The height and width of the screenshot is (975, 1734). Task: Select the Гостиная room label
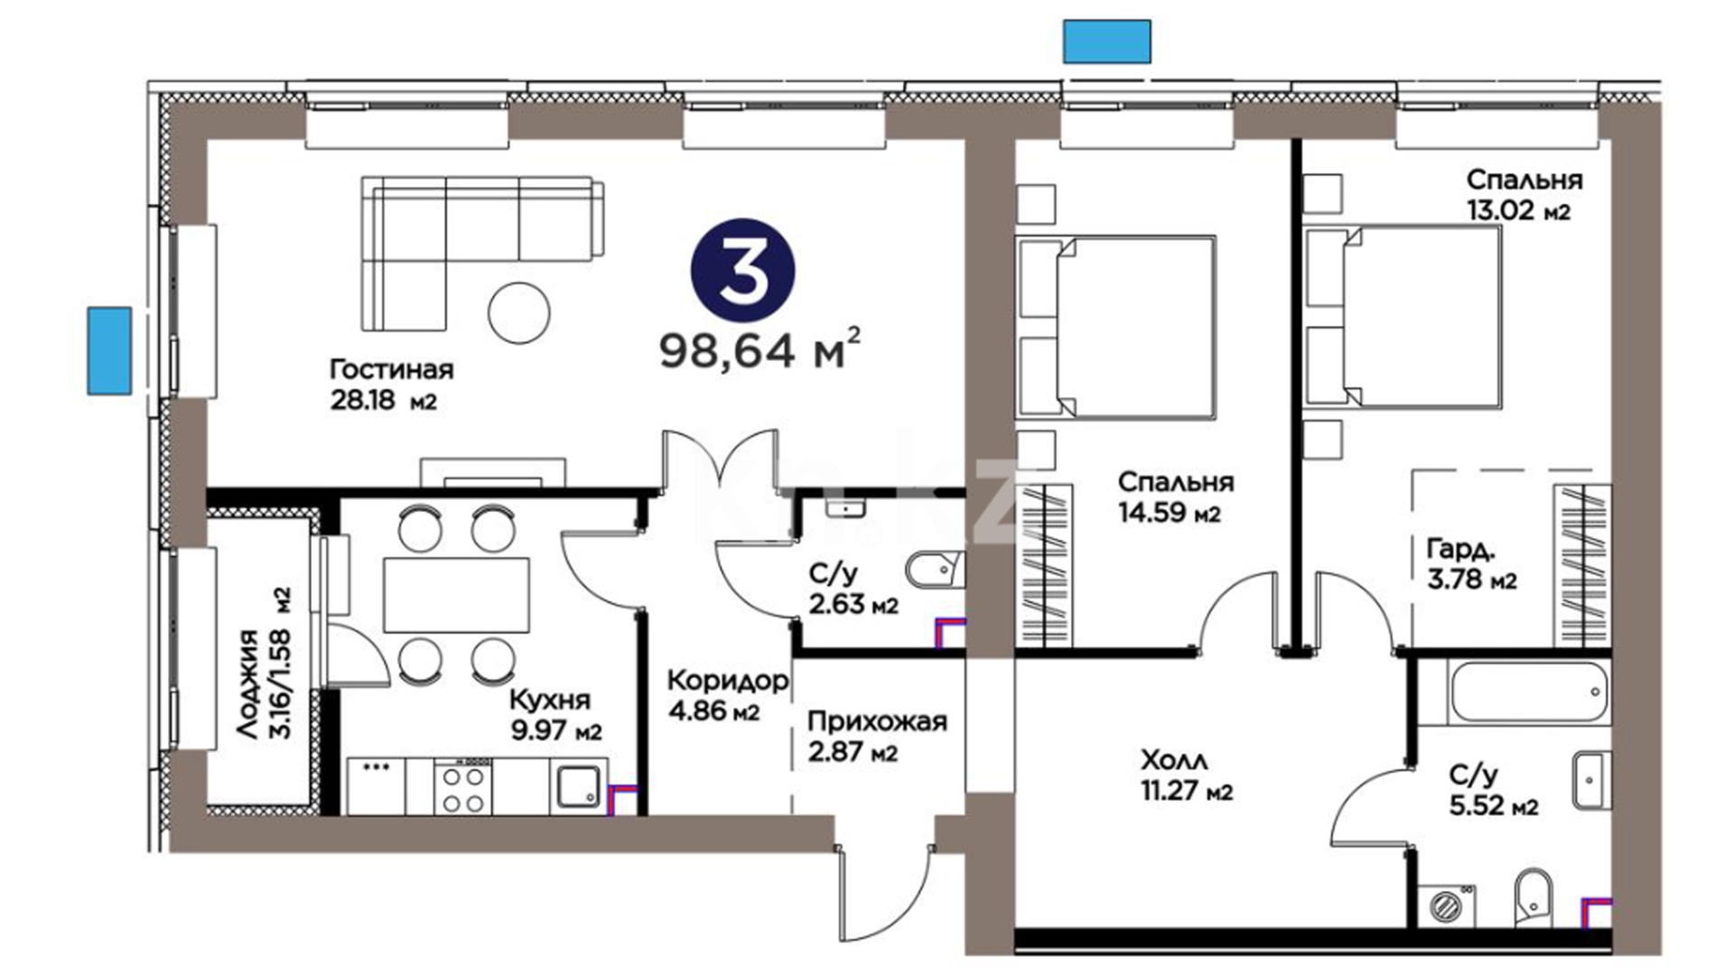coord(391,369)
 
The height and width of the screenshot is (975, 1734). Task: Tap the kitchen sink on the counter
coord(577,787)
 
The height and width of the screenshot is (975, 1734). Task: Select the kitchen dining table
coord(456,595)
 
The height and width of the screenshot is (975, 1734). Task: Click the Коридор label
coord(727,680)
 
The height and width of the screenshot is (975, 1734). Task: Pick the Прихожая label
coord(877,721)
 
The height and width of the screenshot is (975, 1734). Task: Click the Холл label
coord(1174,760)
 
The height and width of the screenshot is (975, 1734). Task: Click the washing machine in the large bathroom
coord(1447,905)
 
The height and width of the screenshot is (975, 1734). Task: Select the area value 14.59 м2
coord(1170,514)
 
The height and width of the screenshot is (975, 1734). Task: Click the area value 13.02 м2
coord(1518,210)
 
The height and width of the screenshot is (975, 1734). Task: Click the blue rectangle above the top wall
coord(1106,42)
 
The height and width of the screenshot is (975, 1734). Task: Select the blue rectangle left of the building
coord(109,350)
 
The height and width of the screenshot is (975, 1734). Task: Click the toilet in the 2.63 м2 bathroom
coord(934,571)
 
